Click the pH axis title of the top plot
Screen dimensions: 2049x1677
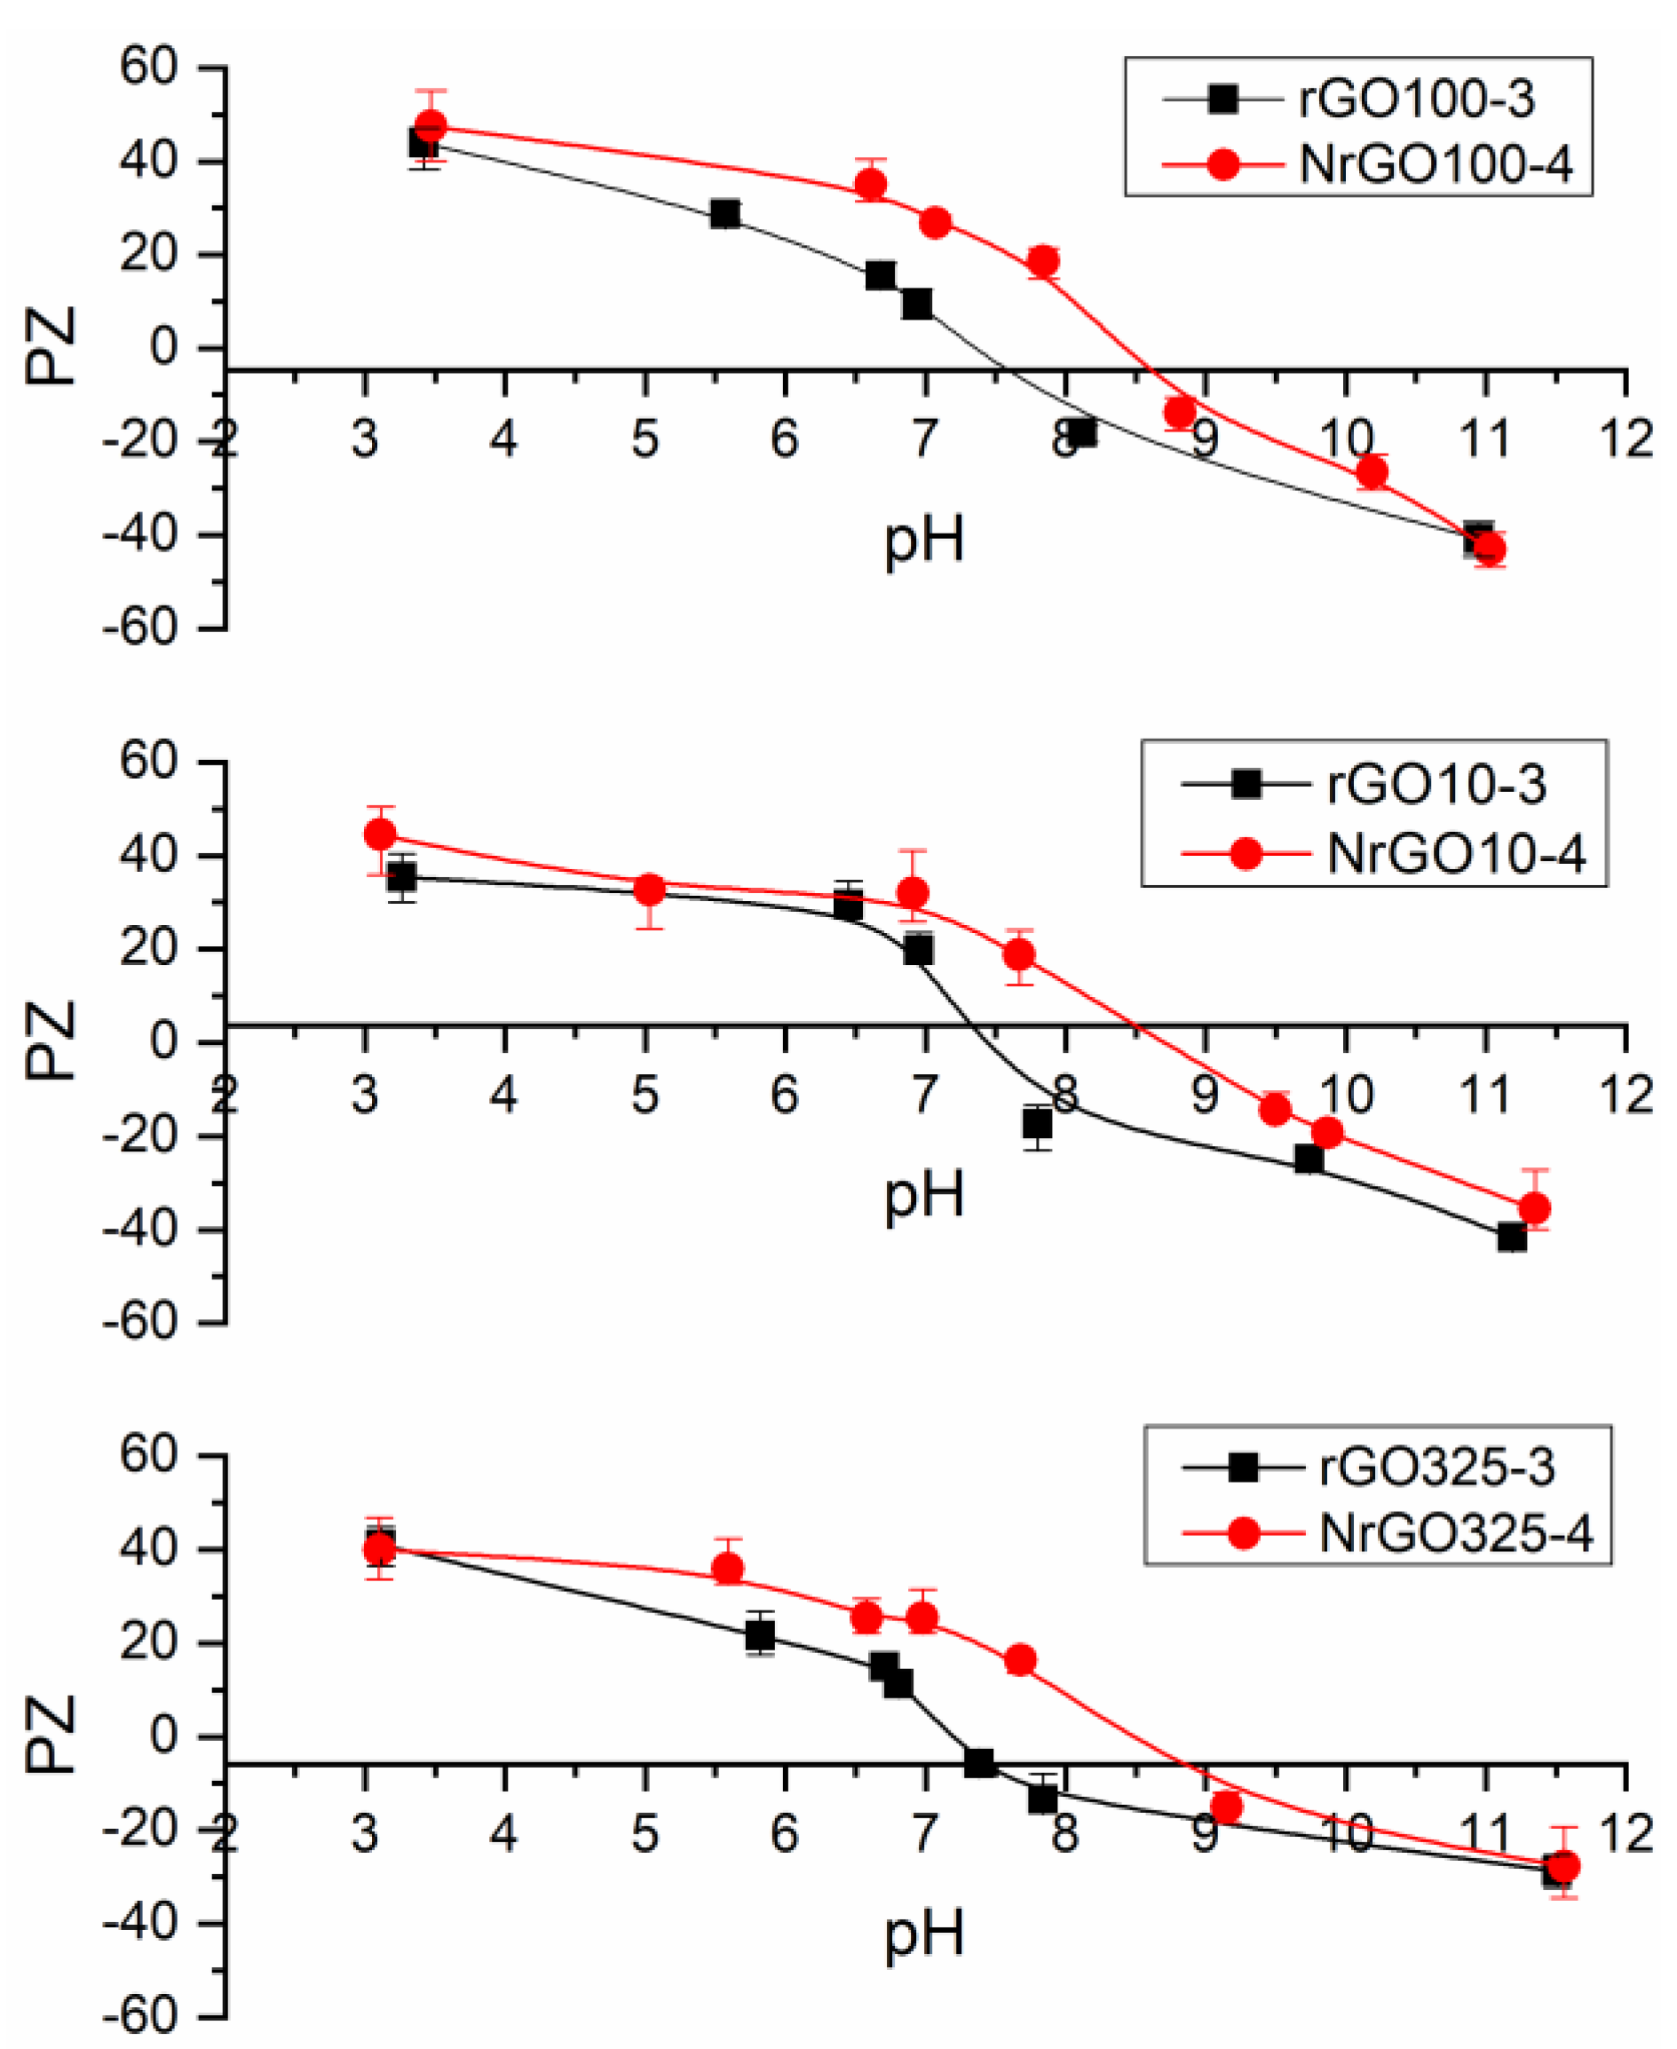point(923,540)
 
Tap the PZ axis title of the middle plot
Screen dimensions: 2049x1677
point(51,1040)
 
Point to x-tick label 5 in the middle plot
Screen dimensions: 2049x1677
point(645,1095)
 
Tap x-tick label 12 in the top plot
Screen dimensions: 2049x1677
point(1626,440)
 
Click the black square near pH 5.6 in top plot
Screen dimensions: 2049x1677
point(724,213)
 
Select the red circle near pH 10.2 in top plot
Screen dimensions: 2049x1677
point(1372,471)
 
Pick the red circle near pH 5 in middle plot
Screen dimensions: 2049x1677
point(649,890)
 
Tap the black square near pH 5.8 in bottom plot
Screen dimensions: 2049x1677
point(760,1635)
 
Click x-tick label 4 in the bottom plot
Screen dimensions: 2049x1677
point(504,1832)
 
